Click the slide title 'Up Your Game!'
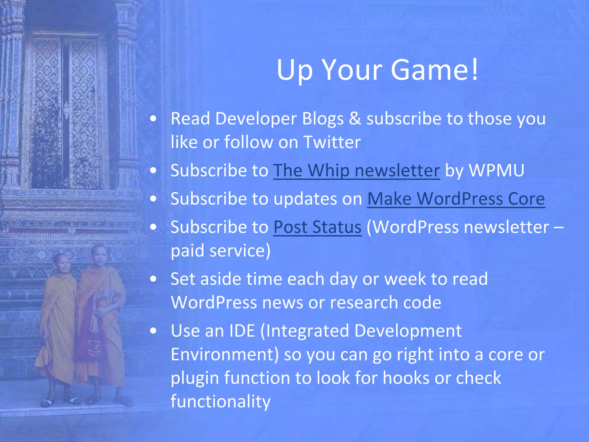pyautogui.click(x=377, y=70)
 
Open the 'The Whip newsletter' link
pyautogui.click(x=356, y=170)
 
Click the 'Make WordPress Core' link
pyautogui.click(x=456, y=199)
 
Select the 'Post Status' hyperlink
pyautogui.click(x=317, y=227)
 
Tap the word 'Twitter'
pyautogui.click(x=332, y=142)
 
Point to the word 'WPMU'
pyautogui.click(x=496, y=170)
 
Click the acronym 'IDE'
pyautogui.click(x=242, y=331)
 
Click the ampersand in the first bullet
pyautogui.click(x=355, y=119)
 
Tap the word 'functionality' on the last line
pyautogui.click(x=221, y=401)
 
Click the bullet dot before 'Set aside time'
pyautogui.click(x=153, y=279)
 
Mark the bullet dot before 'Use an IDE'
pyautogui.click(x=153, y=331)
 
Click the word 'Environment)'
pyautogui.click(x=225, y=355)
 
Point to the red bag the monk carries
pyautogui.click(x=91, y=337)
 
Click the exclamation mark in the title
pyautogui.click(x=475, y=70)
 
